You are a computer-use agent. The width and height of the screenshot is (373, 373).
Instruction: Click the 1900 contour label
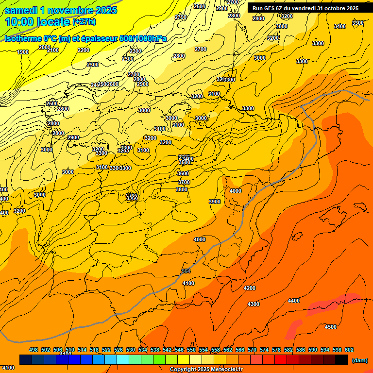22,52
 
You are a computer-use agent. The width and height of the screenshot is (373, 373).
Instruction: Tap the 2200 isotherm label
84,50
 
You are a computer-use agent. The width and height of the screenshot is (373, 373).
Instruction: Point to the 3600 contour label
183,173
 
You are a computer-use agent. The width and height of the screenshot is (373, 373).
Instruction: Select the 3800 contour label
182,189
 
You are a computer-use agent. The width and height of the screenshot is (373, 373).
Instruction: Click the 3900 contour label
214,202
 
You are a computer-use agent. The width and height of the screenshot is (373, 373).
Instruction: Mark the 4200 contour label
250,288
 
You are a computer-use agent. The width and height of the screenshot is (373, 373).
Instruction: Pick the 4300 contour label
253,304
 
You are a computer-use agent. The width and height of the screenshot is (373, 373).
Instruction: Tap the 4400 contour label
294,301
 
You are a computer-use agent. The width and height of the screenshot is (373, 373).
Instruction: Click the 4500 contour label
330,327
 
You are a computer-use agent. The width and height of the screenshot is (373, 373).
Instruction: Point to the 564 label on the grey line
186,271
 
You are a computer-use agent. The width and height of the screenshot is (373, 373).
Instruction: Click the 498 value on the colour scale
34,350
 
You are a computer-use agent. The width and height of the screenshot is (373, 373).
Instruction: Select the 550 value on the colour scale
191,350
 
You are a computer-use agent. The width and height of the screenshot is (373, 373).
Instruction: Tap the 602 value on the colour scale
349,350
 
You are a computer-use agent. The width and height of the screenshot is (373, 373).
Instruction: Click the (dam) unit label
360,360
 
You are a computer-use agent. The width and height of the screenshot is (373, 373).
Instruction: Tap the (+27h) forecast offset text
84,22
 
